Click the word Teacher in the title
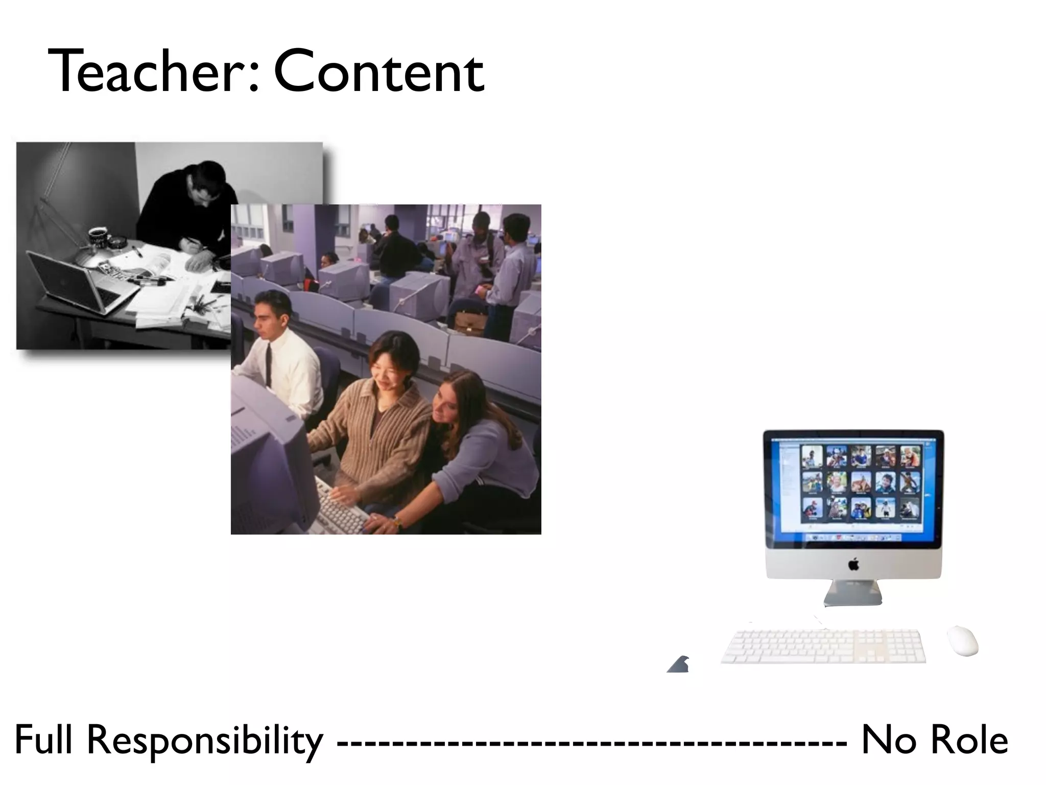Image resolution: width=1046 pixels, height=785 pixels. point(148,72)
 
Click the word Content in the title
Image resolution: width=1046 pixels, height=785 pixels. point(378,72)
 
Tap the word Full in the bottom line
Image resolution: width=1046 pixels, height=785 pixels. point(44,740)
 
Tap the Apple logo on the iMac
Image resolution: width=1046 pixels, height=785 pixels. point(853,565)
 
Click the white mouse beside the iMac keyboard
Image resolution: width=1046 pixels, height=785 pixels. point(963,640)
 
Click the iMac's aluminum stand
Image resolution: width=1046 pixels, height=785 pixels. point(853,593)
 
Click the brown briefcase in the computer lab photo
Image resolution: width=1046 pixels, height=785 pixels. point(470,322)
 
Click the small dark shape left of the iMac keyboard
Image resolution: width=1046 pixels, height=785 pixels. point(679,664)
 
